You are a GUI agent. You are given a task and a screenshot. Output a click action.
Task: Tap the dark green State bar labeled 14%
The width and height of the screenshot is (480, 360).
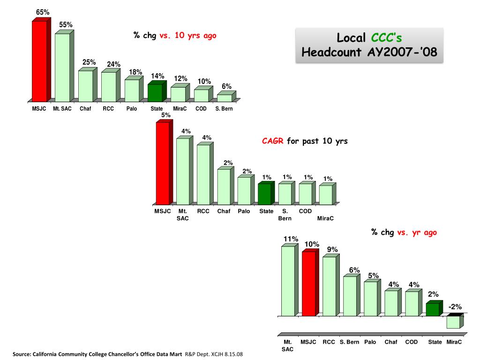157,91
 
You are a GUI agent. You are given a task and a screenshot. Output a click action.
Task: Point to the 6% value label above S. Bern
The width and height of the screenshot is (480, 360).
226,86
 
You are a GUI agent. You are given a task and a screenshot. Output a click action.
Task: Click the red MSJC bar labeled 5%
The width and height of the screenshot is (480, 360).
165,162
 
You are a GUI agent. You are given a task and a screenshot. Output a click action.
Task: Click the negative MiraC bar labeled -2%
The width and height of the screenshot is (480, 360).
455,321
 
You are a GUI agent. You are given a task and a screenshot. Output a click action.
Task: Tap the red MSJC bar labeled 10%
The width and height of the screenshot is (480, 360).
310,283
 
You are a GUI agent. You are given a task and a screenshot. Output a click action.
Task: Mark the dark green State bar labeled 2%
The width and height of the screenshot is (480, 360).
435,308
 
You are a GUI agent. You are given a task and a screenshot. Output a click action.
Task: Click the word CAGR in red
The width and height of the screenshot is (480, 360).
273,141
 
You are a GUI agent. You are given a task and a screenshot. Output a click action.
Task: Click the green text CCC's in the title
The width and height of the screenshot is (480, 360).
386,38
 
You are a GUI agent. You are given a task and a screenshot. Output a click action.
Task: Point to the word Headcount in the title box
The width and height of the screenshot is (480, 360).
331,52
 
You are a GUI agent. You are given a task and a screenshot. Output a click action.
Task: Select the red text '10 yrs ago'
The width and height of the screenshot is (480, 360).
195,36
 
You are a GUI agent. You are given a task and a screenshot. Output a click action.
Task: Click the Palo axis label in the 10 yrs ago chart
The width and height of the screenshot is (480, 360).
132,109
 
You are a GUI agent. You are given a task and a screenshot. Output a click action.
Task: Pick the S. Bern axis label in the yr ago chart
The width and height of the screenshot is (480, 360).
349,342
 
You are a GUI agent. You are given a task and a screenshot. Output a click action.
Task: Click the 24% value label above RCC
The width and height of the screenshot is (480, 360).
113,64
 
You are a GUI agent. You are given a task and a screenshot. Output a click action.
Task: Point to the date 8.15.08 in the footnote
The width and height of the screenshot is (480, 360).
233,354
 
